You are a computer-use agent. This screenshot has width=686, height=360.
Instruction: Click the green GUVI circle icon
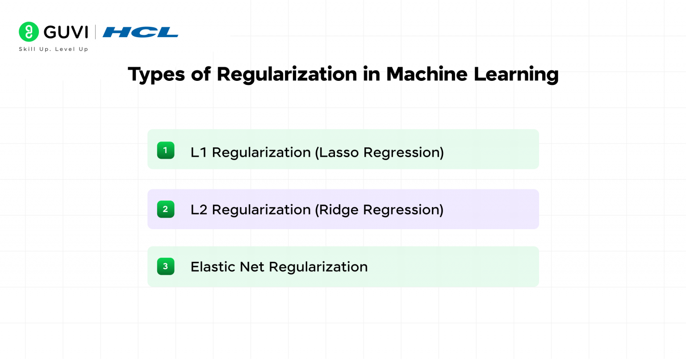tap(29, 32)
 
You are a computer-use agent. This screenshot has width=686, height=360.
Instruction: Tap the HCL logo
tap(140, 32)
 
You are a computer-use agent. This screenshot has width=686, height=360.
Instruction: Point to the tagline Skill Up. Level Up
tap(54, 49)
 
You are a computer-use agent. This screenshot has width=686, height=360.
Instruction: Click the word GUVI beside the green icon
tap(66, 32)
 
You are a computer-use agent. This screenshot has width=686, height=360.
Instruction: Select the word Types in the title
tap(156, 74)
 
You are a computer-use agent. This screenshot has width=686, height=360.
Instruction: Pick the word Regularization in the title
tap(287, 74)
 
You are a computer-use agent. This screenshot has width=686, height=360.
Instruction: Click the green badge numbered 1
tap(165, 151)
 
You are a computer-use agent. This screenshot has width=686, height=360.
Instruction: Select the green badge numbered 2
tap(165, 209)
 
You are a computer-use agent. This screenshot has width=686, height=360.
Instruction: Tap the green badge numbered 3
tap(165, 266)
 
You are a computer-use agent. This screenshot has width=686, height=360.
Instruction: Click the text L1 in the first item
tap(199, 152)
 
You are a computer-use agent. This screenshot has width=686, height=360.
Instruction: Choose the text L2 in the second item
tap(199, 209)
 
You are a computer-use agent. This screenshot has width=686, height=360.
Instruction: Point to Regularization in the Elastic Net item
tap(318, 267)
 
